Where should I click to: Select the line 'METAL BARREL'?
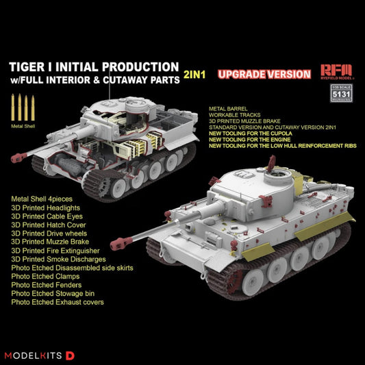click(229, 108)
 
